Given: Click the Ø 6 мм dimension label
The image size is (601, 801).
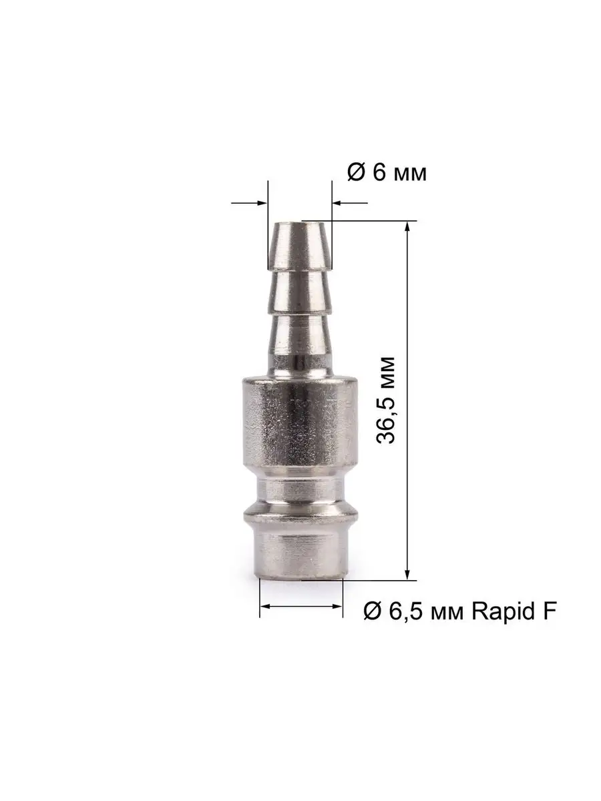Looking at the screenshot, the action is point(387,172).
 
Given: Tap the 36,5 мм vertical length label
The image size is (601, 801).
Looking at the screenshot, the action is point(385,400).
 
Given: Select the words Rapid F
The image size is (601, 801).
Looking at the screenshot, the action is point(514,611).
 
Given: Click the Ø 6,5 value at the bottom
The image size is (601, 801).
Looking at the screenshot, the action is point(395,611).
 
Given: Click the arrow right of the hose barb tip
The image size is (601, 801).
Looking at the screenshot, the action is point(350,203).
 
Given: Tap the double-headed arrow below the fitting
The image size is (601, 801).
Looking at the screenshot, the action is point(301,606).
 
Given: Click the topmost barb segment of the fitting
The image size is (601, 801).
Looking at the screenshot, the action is point(300,247).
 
